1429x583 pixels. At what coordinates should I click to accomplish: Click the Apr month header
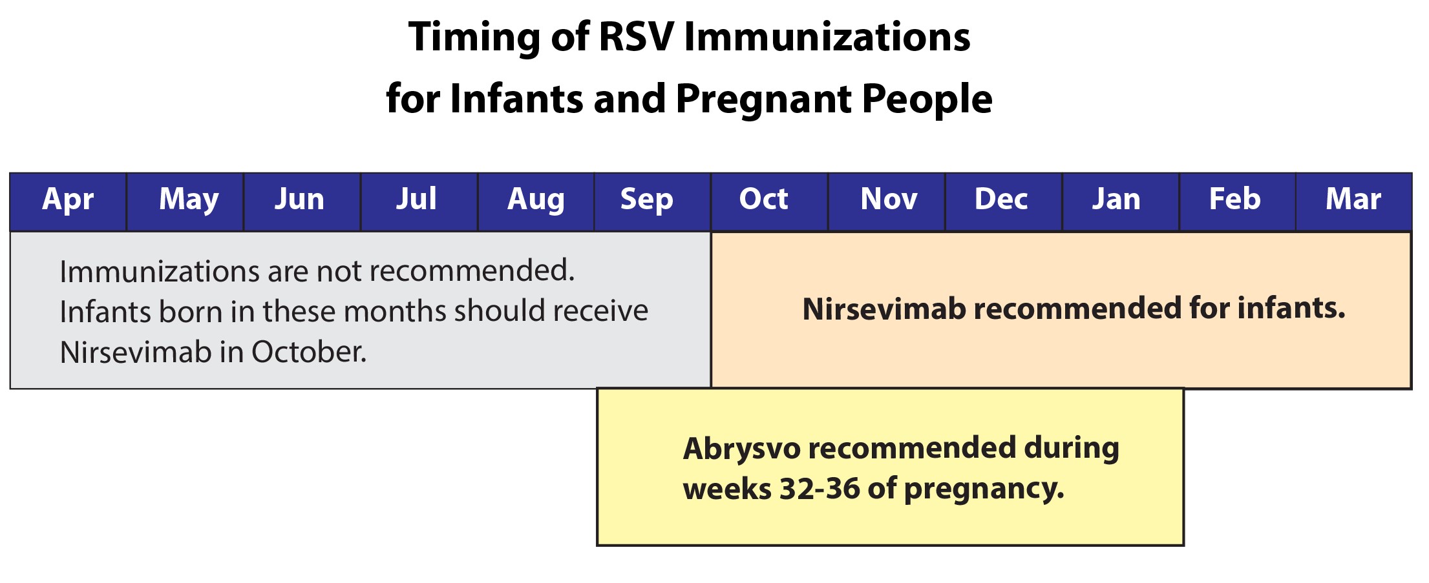[68, 199]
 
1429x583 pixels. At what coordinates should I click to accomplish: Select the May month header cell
[189, 199]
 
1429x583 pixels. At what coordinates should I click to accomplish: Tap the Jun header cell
[299, 199]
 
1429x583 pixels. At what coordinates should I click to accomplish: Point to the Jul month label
[416, 199]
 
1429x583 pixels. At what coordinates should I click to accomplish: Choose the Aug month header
[536, 199]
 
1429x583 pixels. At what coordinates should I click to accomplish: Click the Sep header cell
[646, 199]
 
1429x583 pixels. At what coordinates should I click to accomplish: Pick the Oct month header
[763, 199]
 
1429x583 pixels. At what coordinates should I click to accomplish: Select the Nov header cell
[889, 199]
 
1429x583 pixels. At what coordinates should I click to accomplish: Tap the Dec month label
[1001, 199]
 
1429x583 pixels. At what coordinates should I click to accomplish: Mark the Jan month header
[1116, 199]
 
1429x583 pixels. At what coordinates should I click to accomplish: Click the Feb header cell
[1234, 199]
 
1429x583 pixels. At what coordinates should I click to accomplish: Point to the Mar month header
[1353, 199]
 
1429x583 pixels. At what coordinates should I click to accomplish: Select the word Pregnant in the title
[763, 99]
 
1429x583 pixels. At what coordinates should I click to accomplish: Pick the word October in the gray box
[308, 353]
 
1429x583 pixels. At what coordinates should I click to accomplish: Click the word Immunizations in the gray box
[159, 271]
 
